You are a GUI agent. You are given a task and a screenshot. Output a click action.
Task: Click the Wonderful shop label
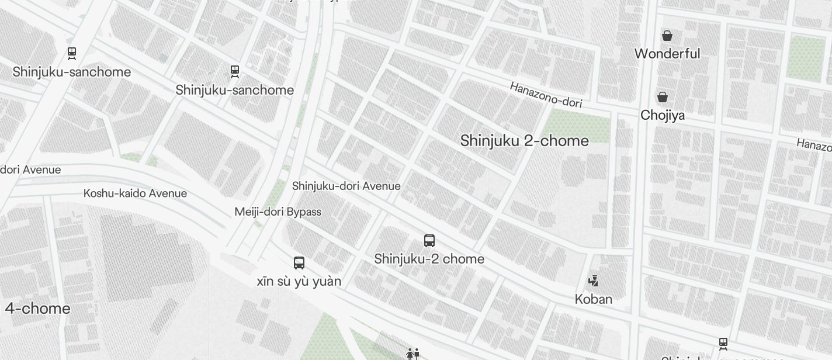pos(667,54)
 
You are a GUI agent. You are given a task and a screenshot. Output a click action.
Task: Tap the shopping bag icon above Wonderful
pos(667,36)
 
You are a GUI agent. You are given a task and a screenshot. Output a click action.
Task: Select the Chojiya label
pos(663,115)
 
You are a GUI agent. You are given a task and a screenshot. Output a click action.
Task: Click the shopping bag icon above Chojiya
pos(663,96)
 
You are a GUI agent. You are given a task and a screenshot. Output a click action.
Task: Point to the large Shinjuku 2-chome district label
pos(524,141)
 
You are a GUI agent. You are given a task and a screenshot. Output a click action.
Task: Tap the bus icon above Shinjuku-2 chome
pos(429,240)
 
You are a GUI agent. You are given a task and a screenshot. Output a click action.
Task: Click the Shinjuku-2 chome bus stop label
pos(429,259)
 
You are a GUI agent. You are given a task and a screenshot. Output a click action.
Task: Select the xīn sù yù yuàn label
pos(299,281)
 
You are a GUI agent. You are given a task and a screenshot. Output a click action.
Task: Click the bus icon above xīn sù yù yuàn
pos(299,262)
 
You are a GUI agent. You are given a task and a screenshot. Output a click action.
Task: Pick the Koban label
pos(594,299)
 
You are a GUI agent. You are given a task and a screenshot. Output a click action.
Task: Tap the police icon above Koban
pos(594,281)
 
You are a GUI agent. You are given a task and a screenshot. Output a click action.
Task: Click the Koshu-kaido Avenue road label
pos(135,193)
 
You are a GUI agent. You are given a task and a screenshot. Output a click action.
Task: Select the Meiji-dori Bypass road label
pos(278,212)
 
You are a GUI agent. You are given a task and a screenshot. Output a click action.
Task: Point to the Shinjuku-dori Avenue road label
pos(346,186)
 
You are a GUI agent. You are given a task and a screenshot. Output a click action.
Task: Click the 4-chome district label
pos(37,309)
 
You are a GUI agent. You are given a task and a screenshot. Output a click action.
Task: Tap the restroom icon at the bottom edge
pos(412,354)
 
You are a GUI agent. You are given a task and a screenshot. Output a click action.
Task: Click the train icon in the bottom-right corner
pos(723,344)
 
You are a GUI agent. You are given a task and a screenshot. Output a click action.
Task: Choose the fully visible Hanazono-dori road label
pos(546,95)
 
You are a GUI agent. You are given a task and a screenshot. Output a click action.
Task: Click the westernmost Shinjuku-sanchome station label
pos(71,72)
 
